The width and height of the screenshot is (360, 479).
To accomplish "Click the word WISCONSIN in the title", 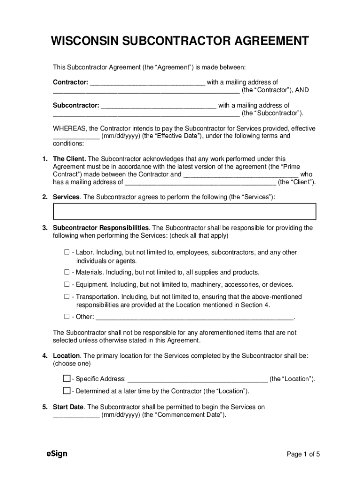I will (x=85, y=41).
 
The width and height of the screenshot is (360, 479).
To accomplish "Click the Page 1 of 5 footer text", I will (x=303, y=454).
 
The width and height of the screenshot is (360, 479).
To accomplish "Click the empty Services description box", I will (x=185, y=211).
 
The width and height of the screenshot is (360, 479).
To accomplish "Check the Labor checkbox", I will (x=67, y=253).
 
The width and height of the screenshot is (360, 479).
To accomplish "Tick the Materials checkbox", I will (x=67, y=272).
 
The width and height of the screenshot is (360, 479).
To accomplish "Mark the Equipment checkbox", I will (x=67, y=284).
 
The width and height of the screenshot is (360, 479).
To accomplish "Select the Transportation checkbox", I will (x=67, y=297).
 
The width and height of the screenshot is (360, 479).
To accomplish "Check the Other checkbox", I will (x=67, y=317).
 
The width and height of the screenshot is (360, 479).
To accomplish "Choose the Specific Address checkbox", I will (x=67, y=378).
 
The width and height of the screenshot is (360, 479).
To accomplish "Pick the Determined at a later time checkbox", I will (x=67, y=391).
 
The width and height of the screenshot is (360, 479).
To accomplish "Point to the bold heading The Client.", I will (x=69, y=159).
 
